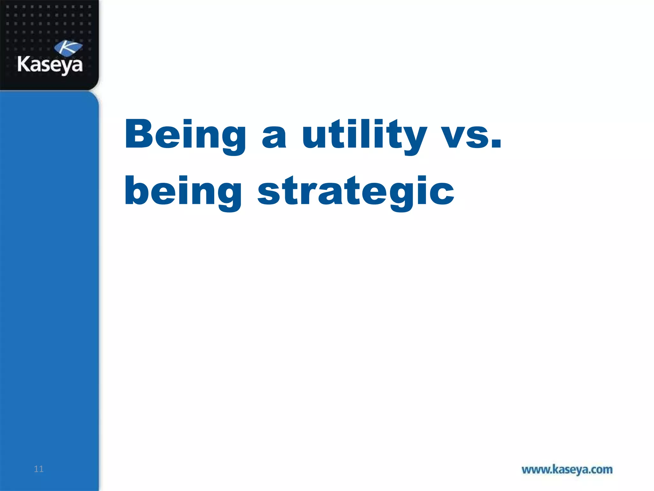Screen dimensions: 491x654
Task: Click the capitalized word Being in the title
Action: pos(185,134)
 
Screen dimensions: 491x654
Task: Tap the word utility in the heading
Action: pos(364,134)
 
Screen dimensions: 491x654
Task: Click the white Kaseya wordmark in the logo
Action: pos(50,65)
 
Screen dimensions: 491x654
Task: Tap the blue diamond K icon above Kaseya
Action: pos(68,48)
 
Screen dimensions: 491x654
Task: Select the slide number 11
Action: pos(39,469)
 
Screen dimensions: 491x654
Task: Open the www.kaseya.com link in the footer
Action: pos(567,470)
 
